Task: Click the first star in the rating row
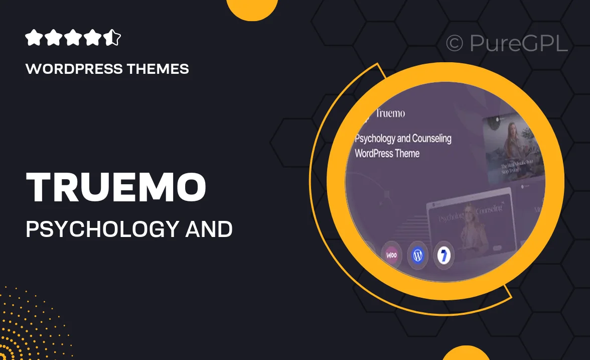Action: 33,38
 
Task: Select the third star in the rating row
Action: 73,38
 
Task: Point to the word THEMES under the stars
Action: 160,69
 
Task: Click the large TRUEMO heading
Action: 116,187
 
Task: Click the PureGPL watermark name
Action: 518,44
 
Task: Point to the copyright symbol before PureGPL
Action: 454,44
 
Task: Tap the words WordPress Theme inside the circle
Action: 387,153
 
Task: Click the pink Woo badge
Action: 391,255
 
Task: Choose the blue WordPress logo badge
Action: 417,255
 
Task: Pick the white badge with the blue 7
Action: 444,255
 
